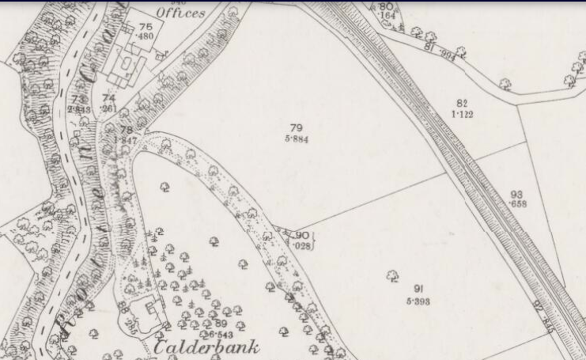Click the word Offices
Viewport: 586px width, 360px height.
click(x=180, y=13)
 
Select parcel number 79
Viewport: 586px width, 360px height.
click(x=297, y=128)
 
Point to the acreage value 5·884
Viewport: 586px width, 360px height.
click(x=297, y=139)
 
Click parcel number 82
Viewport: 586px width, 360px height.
click(x=463, y=103)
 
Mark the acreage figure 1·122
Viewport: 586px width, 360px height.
click(x=463, y=114)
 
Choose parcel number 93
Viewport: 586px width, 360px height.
click(x=517, y=194)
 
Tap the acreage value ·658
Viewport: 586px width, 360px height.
click(x=518, y=204)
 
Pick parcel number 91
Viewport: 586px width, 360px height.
click(x=418, y=290)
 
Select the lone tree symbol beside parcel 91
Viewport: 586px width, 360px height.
click(x=391, y=275)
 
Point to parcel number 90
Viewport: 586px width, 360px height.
click(x=302, y=235)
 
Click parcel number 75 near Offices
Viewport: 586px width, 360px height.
click(x=146, y=27)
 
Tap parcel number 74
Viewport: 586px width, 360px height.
click(x=109, y=98)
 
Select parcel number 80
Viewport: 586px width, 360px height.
click(x=386, y=7)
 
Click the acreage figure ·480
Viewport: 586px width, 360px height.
click(x=145, y=36)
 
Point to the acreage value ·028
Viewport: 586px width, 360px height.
click(x=302, y=245)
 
